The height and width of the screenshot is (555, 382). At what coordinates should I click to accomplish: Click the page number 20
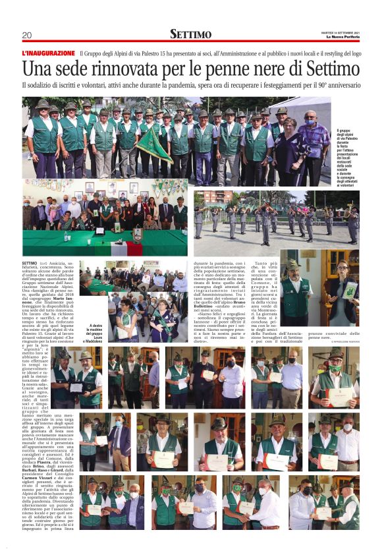point(26,35)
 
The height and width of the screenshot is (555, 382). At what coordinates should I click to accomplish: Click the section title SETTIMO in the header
point(191,34)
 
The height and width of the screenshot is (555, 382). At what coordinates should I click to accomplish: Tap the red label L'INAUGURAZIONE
point(48,53)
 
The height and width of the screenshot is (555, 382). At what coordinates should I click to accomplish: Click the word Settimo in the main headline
point(321,69)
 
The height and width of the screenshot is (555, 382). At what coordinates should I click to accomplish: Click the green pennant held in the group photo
point(153,143)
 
